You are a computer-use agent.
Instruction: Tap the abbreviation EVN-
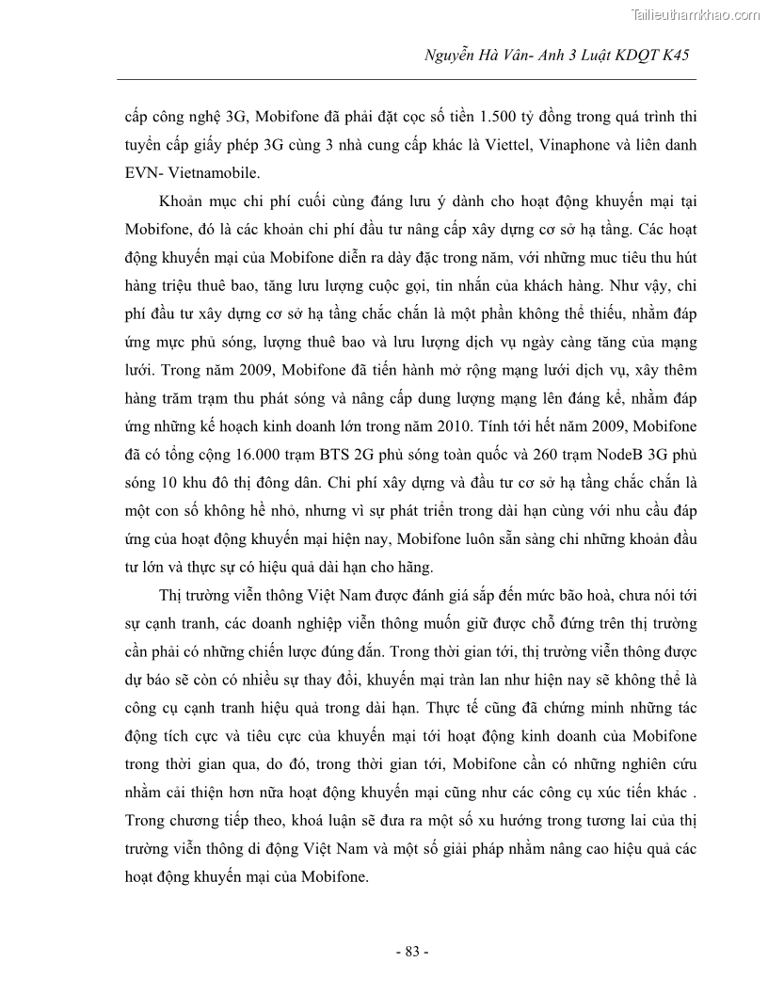(x=143, y=174)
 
